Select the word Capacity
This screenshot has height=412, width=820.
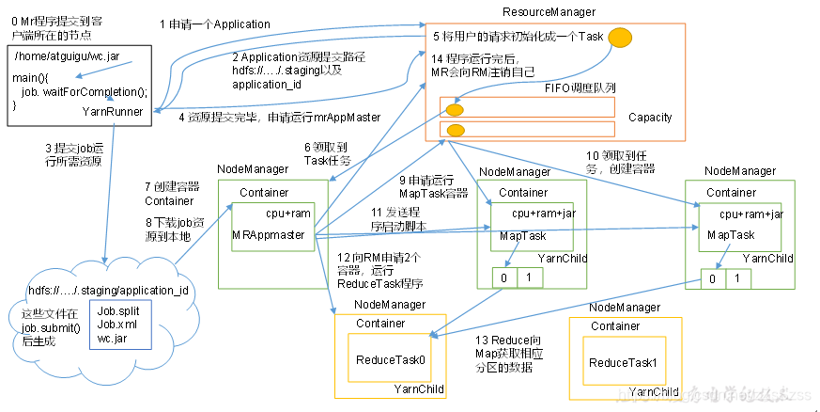pos(650,117)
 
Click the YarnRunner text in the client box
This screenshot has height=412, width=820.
pos(113,111)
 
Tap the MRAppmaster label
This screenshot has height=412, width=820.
pos(268,234)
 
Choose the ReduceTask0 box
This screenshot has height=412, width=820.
pos(390,359)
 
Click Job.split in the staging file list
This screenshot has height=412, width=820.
pos(116,309)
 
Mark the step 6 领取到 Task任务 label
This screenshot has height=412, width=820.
pos(328,153)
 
